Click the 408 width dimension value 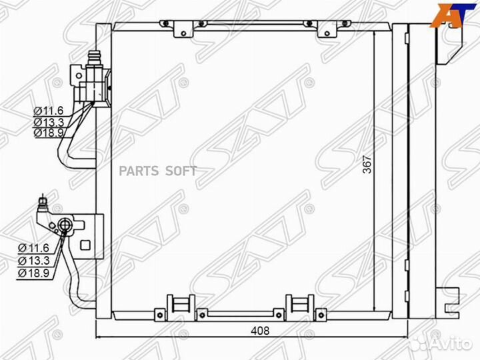[260, 331]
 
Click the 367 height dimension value [367, 165]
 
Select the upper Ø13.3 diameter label [49, 122]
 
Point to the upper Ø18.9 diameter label [49, 133]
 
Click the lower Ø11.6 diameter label [34, 247]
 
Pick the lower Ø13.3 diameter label [34, 261]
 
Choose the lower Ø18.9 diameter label [34, 273]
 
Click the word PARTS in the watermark [139, 171]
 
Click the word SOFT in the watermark [181, 171]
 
